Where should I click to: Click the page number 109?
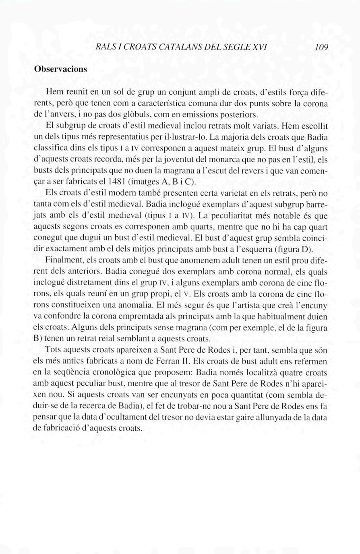pyautogui.click(x=322, y=48)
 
